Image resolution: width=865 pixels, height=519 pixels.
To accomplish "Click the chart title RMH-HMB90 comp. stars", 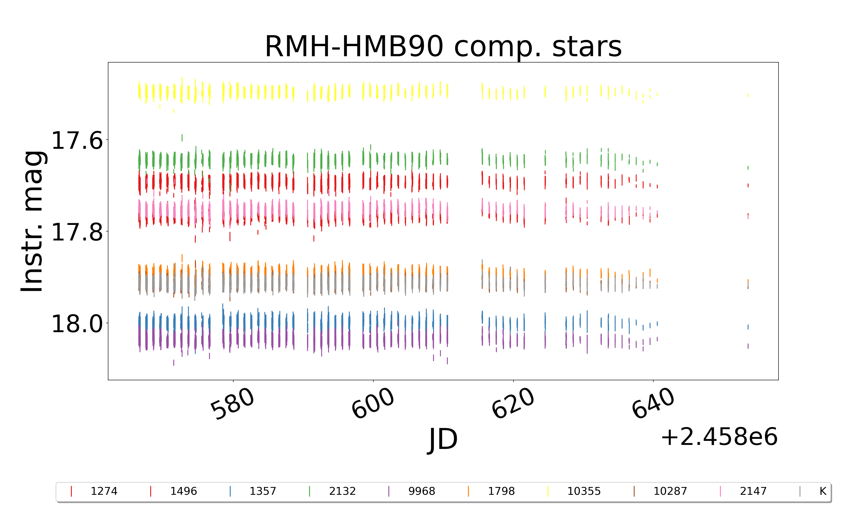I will tap(443, 46).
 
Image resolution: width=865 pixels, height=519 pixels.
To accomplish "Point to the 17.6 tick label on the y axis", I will tap(77, 141).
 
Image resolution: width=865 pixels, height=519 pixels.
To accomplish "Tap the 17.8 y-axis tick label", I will tap(77, 232).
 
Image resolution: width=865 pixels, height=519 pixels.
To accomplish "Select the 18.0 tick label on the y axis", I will tap(77, 324).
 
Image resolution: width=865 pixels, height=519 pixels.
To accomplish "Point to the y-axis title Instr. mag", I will tap(32, 221).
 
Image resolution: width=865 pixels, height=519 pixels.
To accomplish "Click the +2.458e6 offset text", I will tap(719, 437).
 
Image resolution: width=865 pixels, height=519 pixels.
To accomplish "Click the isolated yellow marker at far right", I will tap(748, 95).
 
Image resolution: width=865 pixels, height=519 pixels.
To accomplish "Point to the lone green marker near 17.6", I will tap(182, 138).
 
